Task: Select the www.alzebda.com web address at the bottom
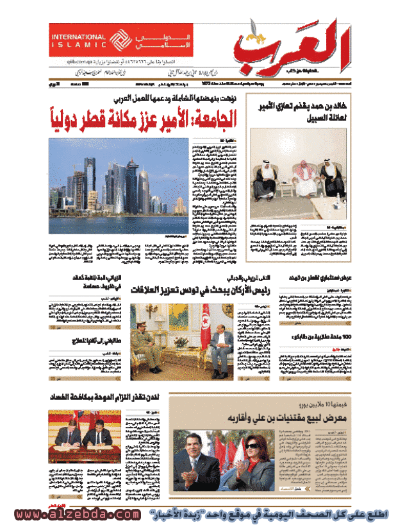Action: [76, 515]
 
